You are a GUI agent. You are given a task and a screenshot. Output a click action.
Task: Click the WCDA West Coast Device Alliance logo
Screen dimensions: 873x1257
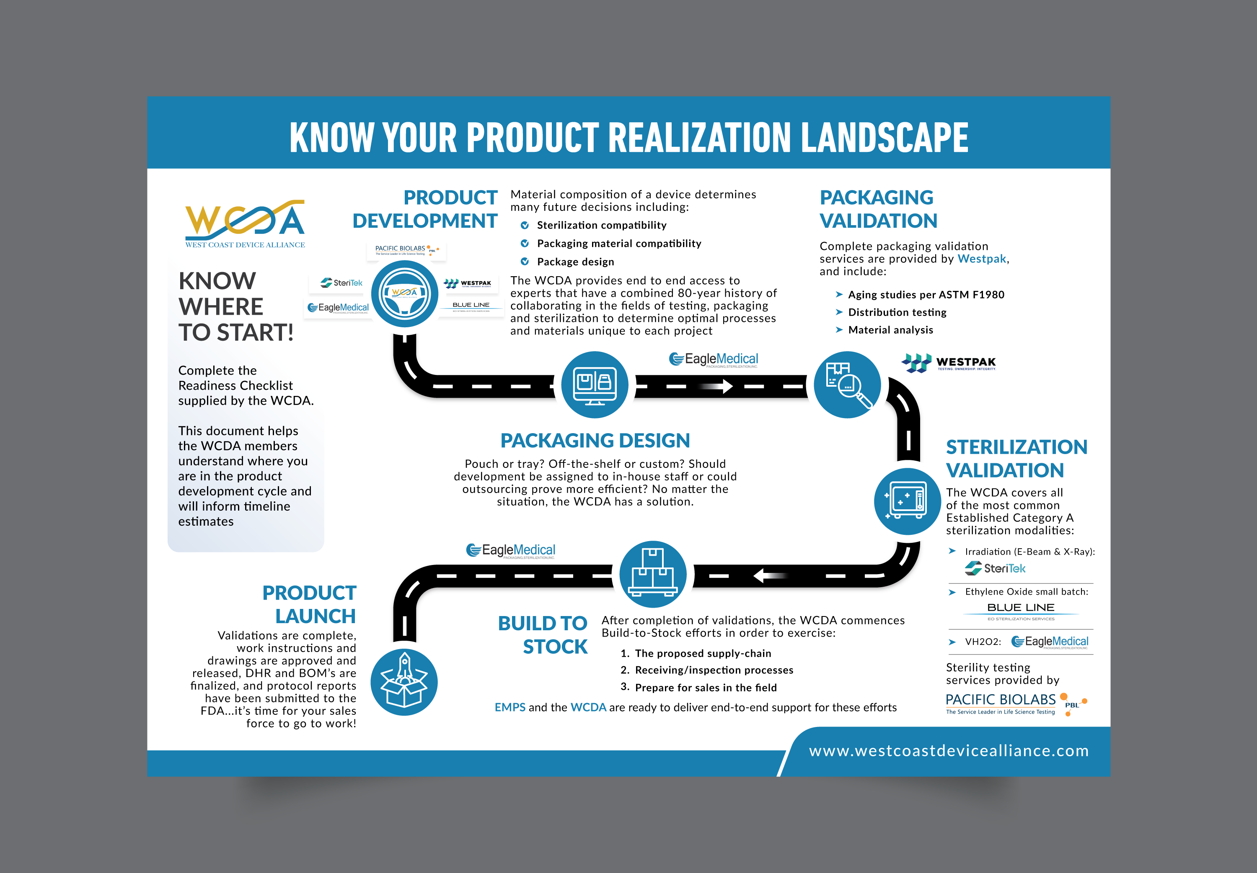coord(245,224)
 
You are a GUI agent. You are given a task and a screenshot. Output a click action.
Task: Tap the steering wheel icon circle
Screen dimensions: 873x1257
coord(405,294)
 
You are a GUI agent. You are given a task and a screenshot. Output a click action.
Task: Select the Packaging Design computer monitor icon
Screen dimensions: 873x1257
coord(595,385)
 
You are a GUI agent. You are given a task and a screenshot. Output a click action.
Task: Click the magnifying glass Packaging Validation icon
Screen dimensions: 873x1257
coord(847,385)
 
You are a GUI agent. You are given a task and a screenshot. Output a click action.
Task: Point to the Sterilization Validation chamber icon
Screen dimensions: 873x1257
coord(907,501)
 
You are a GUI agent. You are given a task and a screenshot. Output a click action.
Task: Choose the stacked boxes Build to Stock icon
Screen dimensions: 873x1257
coord(652,574)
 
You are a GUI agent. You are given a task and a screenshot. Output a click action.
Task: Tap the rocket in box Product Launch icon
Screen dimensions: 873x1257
coord(404,682)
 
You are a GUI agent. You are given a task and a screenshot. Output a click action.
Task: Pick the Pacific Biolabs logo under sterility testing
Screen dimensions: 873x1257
coord(1016,704)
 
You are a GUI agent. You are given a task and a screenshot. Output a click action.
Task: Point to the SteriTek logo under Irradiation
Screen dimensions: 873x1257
coord(995,568)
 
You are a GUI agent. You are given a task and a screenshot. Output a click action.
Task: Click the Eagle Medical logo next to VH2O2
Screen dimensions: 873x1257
coord(1050,642)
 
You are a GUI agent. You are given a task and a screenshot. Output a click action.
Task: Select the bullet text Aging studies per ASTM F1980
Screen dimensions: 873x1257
coord(926,294)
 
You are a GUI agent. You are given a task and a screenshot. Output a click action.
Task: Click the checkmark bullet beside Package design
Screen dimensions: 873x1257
coord(525,262)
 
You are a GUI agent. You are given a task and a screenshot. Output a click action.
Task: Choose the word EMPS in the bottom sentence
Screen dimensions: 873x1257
coord(510,707)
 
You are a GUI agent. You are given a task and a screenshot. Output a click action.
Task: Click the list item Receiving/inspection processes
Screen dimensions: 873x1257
coord(714,670)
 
